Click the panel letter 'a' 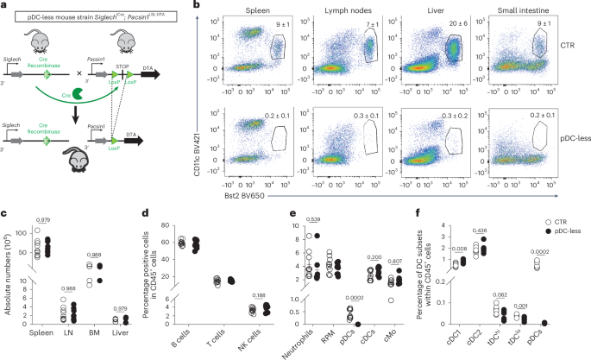click(x=4, y=6)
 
